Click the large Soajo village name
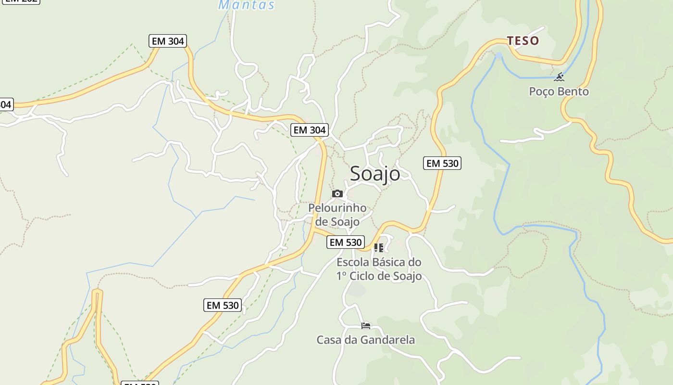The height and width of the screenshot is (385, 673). click(374, 174)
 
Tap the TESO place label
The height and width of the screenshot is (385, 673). click(523, 41)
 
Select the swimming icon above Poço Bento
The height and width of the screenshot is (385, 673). click(559, 77)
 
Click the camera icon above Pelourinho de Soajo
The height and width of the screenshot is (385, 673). click(337, 194)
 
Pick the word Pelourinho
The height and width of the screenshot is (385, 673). click(337, 208)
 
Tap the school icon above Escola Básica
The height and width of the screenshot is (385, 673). click(379, 248)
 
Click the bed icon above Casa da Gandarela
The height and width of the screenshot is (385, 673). click(366, 326)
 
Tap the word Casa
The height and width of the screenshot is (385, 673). click(328, 340)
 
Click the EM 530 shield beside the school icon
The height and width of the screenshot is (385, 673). click(345, 243)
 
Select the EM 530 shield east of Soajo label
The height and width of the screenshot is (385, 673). click(442, 163)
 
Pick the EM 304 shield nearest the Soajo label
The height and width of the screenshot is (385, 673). click(310, 130)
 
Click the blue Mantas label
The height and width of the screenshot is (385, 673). click(247, 5)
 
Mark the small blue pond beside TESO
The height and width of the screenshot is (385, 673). click(499, 56)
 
